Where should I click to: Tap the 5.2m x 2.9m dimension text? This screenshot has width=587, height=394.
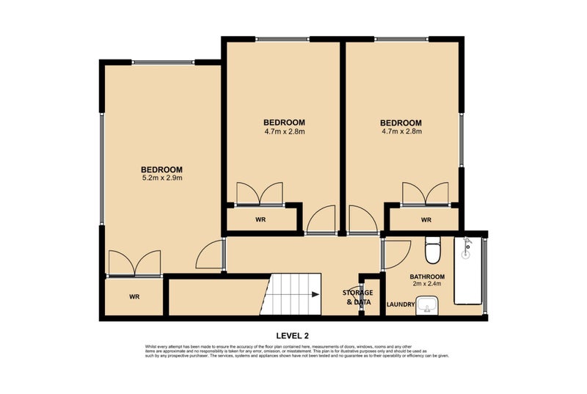tap(161, 178)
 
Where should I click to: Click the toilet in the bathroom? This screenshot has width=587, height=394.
tap(434, 250)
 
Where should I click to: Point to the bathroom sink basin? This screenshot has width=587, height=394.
tap(427, 304)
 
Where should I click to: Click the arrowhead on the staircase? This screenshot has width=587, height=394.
tap(315, 295)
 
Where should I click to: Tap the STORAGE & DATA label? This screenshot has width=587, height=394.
tap(358, 297)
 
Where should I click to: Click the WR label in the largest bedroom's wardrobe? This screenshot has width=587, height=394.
tap(134, 296)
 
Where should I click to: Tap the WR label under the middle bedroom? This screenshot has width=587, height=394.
tap(260, 219)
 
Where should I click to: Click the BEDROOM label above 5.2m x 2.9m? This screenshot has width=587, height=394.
tap(161, 169)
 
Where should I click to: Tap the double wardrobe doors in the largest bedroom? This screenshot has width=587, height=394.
tap(134, 263)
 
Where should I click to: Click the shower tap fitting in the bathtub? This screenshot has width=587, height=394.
tap(465, 249)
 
